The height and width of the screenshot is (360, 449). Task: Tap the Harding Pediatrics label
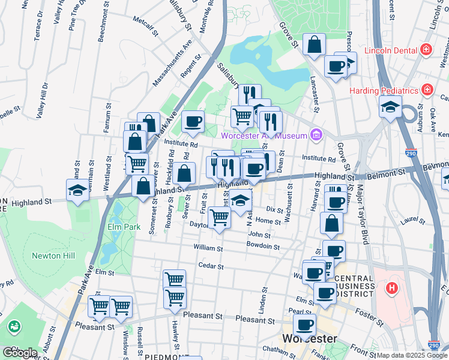(384, 91)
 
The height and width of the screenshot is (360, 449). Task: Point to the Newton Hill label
(55, 256)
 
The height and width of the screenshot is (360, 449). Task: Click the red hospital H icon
(392, 289)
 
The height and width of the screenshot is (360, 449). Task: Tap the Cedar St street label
(211, 266)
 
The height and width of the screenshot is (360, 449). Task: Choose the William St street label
(208, 248)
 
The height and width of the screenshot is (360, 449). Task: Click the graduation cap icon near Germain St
(77, 190)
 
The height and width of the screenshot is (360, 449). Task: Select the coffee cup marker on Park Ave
(193, 122)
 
